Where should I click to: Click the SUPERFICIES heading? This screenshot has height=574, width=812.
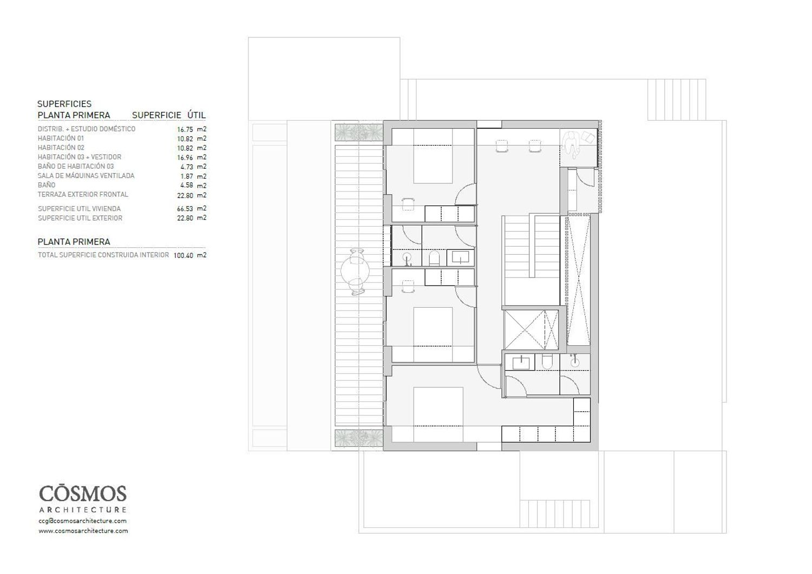click(x=64, y=104)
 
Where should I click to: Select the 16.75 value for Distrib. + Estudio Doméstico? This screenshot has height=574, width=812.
click(x=185, y=129)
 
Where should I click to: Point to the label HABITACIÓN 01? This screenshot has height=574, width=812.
click(x=61, y=138)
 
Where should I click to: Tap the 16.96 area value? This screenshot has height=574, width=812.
click(x=185, y=157)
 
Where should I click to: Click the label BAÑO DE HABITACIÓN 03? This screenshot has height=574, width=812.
click(x=76, y=166)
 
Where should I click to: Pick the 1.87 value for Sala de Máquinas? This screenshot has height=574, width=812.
click(x=187, y=176)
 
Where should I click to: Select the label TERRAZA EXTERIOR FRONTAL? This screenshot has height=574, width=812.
click(x=83, y=195)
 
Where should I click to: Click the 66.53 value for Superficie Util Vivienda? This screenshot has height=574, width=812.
click(x=185, y=209)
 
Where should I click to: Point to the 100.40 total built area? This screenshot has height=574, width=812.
click(x=184, y=255)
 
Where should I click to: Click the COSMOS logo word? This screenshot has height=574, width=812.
click(x=83, y=494)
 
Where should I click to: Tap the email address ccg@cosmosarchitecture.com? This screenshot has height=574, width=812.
click(x=83, y=521)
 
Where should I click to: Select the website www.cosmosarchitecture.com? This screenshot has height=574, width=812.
click(x=83, y=531)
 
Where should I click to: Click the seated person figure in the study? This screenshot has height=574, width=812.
click(x=572, y=144)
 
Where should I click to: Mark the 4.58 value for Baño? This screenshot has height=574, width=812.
click(x=187, y=185)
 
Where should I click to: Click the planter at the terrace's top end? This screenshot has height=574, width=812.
click(x=358, y=133)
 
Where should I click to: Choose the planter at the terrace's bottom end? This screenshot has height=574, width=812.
click(x=358, y=438)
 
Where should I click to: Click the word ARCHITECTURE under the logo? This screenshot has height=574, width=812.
click(x=83, y=510)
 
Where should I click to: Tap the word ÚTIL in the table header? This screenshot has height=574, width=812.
click(x=197, y=115)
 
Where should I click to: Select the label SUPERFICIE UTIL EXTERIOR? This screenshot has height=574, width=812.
click(x=80, y=218)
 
